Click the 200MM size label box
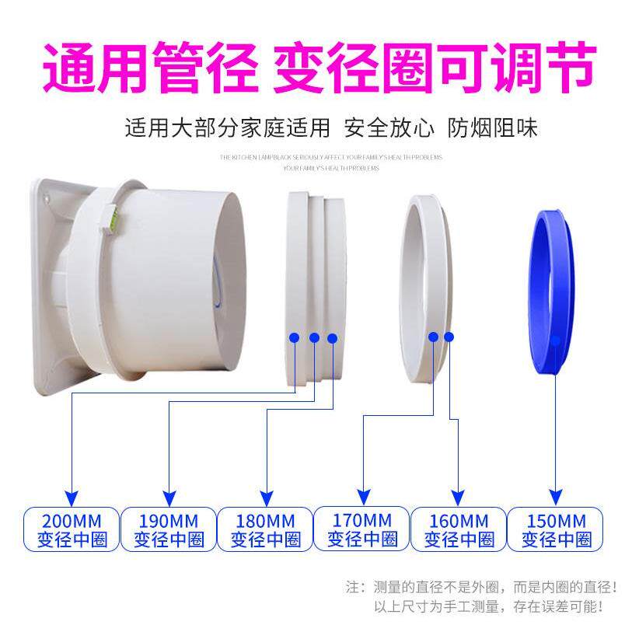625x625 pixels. click(x=72, y=529)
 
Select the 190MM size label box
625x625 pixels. click(x=168, y=529)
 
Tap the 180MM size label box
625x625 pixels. click(x=265, y=529)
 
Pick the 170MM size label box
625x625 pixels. click(x=361, y=529)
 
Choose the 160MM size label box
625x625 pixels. click(x=459, y=529)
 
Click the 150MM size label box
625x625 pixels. click(x=556, y=529)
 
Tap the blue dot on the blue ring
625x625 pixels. click(x=555, y=340)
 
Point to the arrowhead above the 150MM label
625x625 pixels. click(x=555, y=494)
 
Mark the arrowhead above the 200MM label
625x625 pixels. click(x=72, y=496)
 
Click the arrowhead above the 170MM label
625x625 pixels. click(x=362, y=494)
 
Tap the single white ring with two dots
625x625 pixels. click(x=424, y=287)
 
